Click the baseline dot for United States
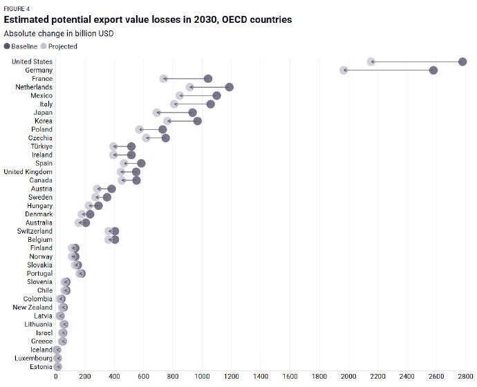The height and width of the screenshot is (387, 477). (x=462, y=62)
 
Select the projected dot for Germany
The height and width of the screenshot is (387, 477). (x=344, y=70)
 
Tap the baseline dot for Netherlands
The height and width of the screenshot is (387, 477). (x=230, y=87)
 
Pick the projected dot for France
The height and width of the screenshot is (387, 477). (x=163, y=79)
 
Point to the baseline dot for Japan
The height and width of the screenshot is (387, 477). (x=193, y=113)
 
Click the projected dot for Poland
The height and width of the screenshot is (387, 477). (x=139, y=129)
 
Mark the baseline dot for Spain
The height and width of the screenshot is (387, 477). (x=141, y=164)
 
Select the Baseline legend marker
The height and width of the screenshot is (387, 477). (x=7, y=46)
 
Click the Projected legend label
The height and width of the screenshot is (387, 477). (x=63, y=46)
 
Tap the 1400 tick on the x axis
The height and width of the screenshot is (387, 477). (x=261, y=377)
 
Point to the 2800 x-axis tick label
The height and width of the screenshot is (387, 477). (x=466, y=377)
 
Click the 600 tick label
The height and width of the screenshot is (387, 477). (x=144, y=377)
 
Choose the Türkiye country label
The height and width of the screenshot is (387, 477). (x=41, y=147)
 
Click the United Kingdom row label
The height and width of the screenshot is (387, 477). (x=28, y=172)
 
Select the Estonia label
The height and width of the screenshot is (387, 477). (x=41, y=367)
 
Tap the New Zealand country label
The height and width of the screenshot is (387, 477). (x=32, y=308)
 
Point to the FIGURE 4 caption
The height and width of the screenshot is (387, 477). (x=17, y=9)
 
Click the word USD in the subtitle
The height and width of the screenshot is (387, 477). (x=106, y=33)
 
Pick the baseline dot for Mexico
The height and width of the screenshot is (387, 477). (x=216, y=96)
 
